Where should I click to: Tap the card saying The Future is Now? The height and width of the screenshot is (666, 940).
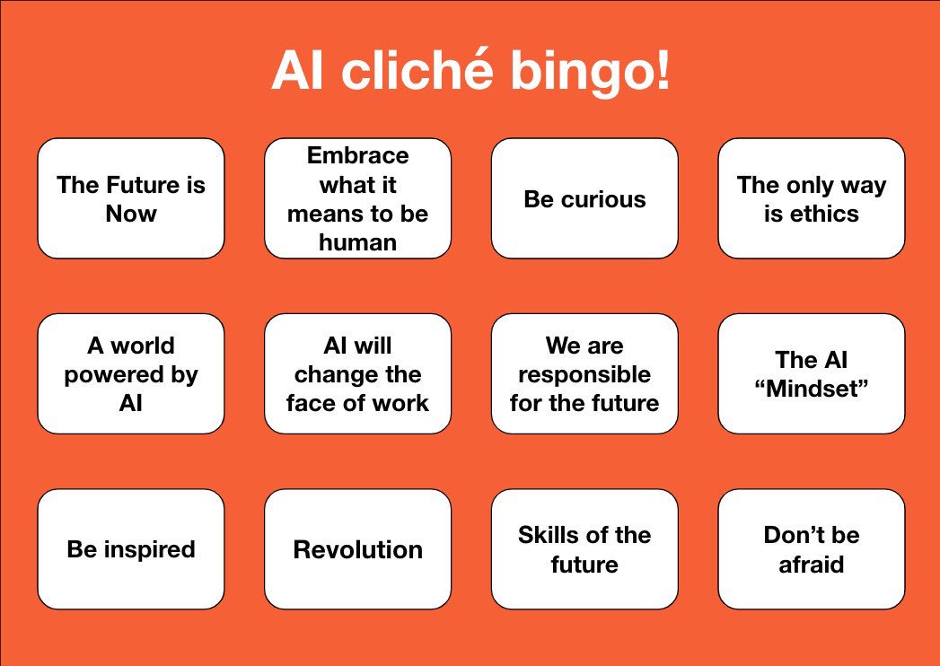(x=131, y=198)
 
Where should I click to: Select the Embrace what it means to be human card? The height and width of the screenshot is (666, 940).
(x=357, y=198)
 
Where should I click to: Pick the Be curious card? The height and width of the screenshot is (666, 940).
(x=584, y=198)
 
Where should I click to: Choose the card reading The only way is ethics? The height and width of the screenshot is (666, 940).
(x=812, y=198)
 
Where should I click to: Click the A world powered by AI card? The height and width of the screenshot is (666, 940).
(x=131, y=373)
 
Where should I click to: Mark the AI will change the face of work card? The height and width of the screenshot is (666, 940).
(x=357, y=373)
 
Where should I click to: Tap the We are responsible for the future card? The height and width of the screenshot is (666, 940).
(x=584, y=373)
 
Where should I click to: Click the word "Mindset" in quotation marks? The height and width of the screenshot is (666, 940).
(x=812, y=389)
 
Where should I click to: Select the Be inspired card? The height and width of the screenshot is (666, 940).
(x=131, y=549)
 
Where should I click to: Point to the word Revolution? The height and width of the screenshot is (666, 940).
(x=357, y=549)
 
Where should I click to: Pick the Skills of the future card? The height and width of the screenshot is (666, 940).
(x=584, y=549)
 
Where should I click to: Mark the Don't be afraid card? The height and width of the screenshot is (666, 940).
(x=812, y=549)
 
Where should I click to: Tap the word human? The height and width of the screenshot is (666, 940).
(x=357, y=242)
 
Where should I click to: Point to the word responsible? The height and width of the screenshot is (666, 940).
(x=584, y=374)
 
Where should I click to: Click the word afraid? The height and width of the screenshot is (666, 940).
(x=812, y=565)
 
